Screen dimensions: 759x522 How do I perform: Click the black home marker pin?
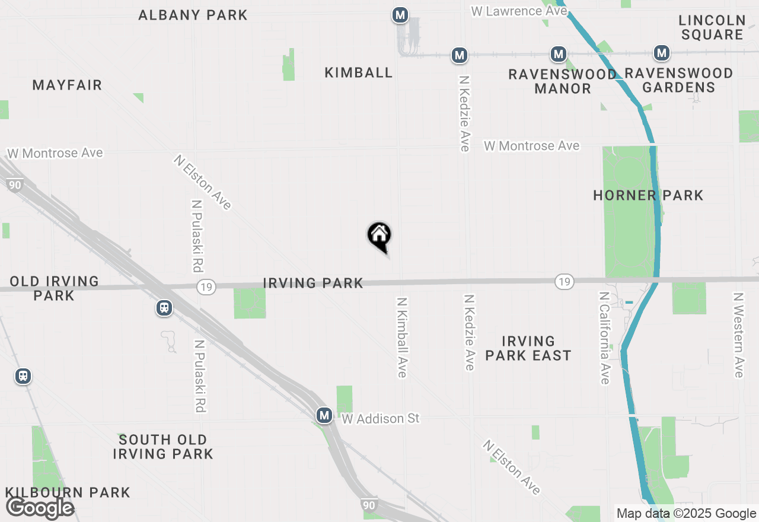click(379, 236)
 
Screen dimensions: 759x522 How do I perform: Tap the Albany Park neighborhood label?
click(193, 15)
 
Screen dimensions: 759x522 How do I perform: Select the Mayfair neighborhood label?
click(67, 85)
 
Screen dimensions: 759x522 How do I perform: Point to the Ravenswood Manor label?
click(562, 81)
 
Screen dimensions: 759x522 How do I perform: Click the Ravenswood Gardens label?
click(679, 80)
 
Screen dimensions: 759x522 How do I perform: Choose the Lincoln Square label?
click(712, 27)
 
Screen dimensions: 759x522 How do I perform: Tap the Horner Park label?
click(648, 195)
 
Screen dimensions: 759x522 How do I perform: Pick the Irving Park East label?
click(528, 348)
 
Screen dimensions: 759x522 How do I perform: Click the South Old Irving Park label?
click(162, 447)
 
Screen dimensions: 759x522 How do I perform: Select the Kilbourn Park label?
click(68, 492)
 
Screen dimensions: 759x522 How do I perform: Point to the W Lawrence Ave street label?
click(515, 11)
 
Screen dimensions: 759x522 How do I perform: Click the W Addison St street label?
click(381, 419)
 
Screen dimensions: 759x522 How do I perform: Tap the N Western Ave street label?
click(738, 335)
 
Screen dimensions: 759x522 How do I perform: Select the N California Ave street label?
click(604, 338)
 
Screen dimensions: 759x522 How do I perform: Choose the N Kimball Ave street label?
click(402, 337)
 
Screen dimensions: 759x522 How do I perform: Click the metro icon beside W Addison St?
click(324, 415)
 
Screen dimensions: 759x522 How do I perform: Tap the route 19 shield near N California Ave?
click(564, 282)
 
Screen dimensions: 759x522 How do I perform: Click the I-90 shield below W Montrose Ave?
click(15, 185)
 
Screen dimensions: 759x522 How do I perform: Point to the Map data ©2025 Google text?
click(686, 514)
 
